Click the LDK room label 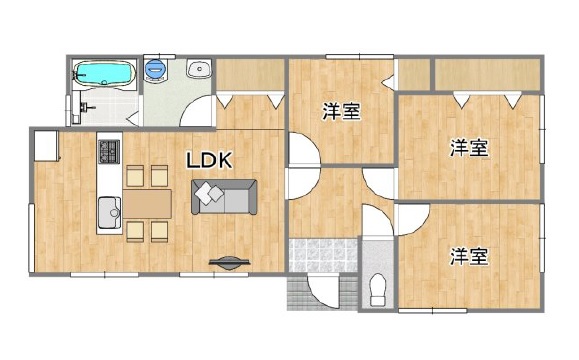[209, 161]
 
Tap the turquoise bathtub [103, 73]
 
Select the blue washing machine [156, 69]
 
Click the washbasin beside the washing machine [199, 69]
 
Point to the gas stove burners [109, 152]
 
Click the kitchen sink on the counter [109, 212]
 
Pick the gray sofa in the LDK [224, 197]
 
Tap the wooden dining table [147, 204]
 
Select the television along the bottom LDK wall [229, 262]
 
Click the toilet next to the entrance [377, 289]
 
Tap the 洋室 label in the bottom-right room [469, 257]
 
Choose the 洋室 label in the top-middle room [342, 112]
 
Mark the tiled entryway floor [323, 256]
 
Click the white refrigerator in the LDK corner [47, 145]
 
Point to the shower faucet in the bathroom [86, 108]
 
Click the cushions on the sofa [209, 193]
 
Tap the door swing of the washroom [196, 111]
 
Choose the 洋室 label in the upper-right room [469, 148]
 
